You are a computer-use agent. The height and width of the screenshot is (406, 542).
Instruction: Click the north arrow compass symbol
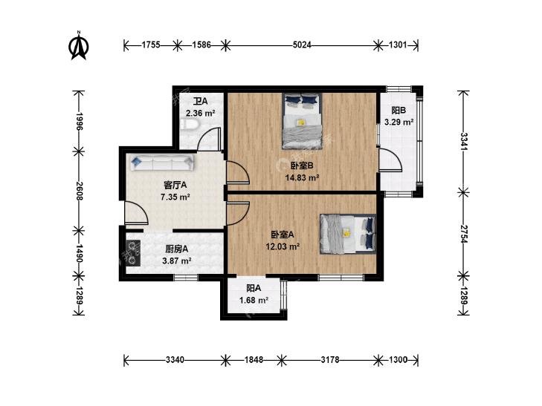tap(79, 45)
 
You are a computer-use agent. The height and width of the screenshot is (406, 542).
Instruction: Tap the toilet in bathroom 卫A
tap(189, 125)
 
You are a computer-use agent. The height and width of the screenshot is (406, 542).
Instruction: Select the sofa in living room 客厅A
tap(162, 162)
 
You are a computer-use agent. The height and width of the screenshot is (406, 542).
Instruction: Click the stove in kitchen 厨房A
tap(133, 253)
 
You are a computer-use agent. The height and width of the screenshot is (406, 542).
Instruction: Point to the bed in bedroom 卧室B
tap(303, 121)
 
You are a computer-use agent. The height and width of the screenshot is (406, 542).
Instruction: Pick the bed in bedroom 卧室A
tap(348, 235)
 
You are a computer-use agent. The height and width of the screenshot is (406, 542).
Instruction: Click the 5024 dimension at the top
tap(302, 45)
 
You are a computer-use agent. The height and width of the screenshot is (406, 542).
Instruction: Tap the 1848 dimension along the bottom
tap(254, 360)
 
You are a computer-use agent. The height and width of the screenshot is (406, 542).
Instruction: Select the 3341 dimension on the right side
tap(463, 141)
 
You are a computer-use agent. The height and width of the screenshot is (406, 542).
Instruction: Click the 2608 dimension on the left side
tap(79, 191)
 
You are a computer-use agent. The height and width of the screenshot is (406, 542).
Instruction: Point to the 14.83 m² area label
tap(302, 177)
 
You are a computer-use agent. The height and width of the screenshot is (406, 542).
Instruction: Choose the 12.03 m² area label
tap(283, 246)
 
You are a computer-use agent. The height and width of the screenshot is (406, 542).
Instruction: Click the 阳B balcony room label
tap(399, 111)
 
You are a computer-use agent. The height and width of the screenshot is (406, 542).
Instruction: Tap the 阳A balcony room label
tap(254, 289)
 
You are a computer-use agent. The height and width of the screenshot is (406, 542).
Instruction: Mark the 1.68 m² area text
tap(254, 301)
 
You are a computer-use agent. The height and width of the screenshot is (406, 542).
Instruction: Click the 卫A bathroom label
tap(200, 102)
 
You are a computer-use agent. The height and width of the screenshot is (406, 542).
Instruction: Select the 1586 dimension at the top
tap(201, 45)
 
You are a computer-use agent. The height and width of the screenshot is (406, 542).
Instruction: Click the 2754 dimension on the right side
tap(463, 235)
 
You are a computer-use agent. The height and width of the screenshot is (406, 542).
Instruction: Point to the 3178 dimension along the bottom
tap(330, 360)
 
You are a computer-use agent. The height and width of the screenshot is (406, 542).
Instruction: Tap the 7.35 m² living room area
tap(175, 197)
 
